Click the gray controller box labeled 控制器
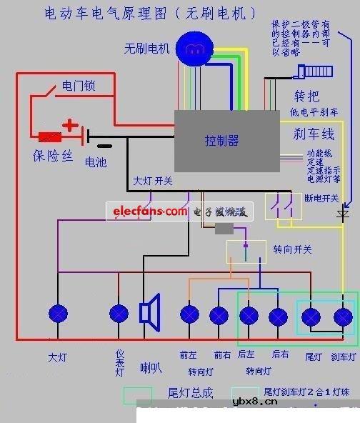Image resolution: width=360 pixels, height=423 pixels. point(226,141)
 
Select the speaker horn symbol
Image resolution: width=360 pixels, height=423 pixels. point(149,312)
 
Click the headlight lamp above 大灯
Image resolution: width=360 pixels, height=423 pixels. point(58,313)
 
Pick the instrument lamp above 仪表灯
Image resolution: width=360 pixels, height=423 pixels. point(119,313)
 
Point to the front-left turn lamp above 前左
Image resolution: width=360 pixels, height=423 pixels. point(189,314)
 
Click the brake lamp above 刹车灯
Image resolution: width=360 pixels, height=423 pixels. point(344,316)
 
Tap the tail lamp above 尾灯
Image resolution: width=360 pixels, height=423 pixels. point(312,316)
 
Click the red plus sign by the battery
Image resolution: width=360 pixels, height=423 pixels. point(70,126)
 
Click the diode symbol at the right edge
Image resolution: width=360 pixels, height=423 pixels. point(344,212)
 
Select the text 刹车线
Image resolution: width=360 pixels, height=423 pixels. point(314,133)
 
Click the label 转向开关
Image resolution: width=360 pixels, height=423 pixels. point(292,249)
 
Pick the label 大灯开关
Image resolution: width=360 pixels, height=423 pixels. point(153,181)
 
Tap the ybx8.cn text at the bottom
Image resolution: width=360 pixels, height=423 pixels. point(255,402)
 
